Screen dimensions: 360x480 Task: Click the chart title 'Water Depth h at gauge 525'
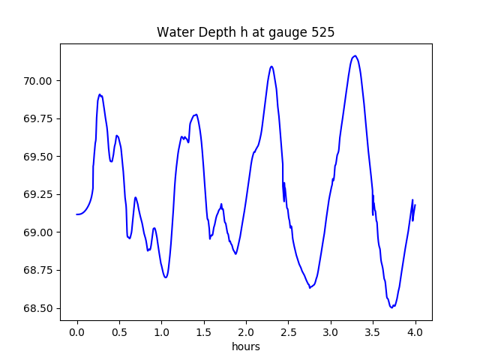(x=245, y=32)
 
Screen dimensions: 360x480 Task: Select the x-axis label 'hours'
(x=246, y=347)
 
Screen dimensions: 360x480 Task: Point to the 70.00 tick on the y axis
(x=37, y=81)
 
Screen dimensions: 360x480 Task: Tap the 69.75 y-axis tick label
(x=37, y=118)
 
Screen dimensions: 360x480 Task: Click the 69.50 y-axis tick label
(x=37, y=157)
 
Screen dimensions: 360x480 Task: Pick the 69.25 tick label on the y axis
(x=37, y=194)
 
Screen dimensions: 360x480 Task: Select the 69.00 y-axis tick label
(x=37, y=232)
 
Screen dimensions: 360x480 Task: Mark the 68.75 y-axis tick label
(x=37, y=270)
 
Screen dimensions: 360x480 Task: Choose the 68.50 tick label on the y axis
(x=37, y=308)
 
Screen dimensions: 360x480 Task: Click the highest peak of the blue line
(x=355, y=55)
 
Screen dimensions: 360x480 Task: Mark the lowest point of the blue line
(x=391, y=307)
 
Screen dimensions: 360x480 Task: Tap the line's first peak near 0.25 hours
(x=100, y=94)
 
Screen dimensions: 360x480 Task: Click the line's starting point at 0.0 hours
(x=77, y=214)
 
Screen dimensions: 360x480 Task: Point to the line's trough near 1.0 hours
(x=165, y=277)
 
